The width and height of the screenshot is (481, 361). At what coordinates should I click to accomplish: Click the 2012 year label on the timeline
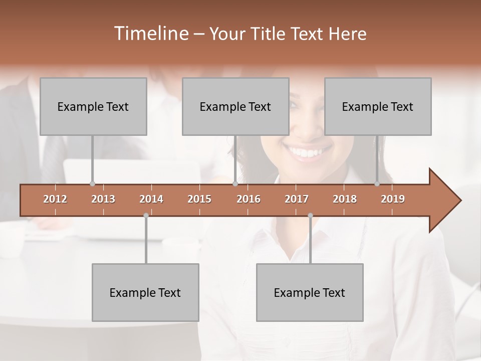(x=55, y=199)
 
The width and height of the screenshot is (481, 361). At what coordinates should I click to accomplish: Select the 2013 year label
(x=103, y=199)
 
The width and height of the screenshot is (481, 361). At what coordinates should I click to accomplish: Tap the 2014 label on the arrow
(x=151, y=199)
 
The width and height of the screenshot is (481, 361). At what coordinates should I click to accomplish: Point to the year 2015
(x=199, y=199)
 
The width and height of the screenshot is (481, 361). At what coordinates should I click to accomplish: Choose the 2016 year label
(x=249, y=199)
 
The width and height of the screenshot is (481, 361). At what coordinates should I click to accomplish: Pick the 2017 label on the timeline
(x=297, y=199)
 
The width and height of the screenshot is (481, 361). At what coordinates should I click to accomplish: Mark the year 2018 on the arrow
(x=345, y=199)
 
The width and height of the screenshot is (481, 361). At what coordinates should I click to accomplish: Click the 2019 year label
(x=393, y=199)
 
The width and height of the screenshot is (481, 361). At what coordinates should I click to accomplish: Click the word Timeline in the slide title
(x=150, y=34)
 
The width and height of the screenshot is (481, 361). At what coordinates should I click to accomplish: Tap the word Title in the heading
(x=269, y=34)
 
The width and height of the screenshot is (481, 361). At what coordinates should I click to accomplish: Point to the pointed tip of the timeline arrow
(x=460, y=201)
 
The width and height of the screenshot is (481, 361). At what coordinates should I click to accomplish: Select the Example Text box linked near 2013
(x=93, y=106)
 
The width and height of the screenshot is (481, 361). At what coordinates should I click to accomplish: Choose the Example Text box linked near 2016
(x=235, y=106)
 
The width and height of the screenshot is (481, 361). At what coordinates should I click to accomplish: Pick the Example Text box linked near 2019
(x=378, y=106)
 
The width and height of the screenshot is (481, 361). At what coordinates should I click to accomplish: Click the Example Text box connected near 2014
(x=145, y=292)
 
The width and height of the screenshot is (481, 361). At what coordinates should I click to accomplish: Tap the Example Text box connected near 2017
(x=310, y=292)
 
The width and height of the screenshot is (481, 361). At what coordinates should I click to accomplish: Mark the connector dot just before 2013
(x=92, y=184)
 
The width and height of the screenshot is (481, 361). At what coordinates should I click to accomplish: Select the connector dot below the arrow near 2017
(x=310, y=216)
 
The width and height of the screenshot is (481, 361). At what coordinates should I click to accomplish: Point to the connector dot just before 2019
(x=377, y=184)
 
